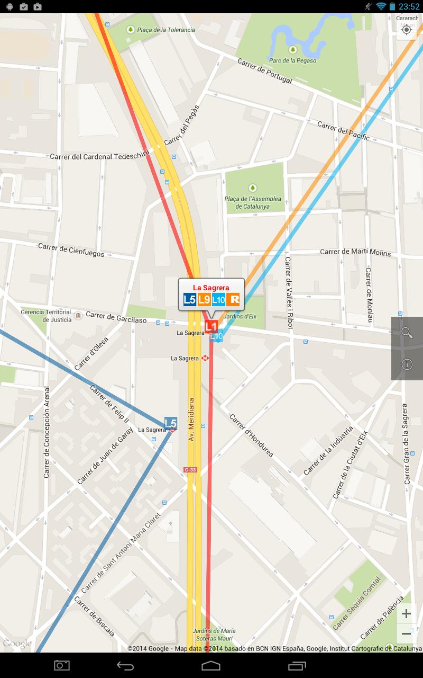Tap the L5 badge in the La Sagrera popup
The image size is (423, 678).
190,300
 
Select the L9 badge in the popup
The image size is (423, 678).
205,300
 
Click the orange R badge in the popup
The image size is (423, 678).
234,300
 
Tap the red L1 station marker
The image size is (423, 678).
211,326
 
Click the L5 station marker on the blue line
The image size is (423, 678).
170,423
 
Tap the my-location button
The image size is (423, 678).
407,30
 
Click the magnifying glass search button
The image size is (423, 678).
407,333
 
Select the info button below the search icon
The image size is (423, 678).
407,364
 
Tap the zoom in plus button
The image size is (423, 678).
406,614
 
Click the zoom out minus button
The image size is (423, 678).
406,634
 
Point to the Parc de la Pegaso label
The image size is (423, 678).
292,60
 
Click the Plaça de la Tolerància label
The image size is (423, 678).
165,30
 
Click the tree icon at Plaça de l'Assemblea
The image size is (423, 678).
253,188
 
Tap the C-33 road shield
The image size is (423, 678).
190,470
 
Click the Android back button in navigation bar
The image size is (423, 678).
125,665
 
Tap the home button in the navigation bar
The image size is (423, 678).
211,665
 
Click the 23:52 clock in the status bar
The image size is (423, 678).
409,6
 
